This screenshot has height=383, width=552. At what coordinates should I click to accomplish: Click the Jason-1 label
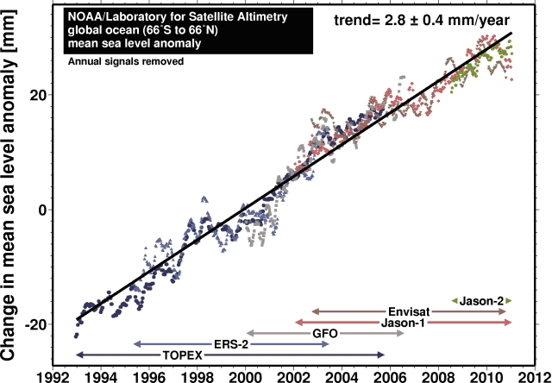402,322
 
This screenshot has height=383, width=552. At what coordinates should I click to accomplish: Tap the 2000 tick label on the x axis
245,376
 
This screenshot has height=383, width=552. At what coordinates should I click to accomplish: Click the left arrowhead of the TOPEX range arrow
78,355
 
